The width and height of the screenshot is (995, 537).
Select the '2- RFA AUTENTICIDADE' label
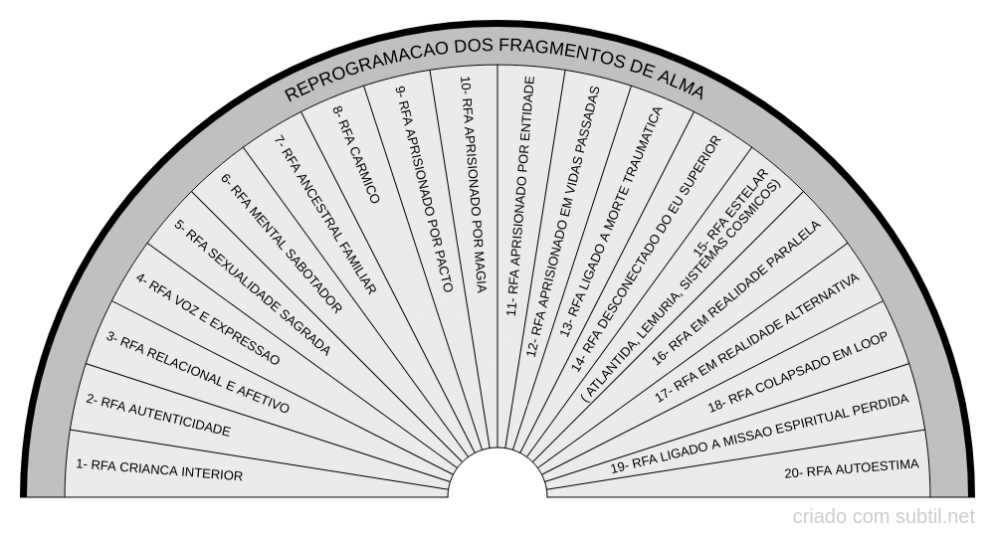coord(158,416)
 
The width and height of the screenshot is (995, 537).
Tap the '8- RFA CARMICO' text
coord(356,154)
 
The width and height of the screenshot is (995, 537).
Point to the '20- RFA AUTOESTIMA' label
coord(852,468)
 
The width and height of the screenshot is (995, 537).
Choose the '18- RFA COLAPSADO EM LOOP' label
coord(798,372)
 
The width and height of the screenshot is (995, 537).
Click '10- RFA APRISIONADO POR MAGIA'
coord(474,185)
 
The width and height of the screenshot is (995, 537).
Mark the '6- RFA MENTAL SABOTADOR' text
coord(282,243)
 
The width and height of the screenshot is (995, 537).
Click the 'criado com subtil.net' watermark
coord(884,517)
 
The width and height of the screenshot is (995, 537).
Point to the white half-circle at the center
coord(497,472)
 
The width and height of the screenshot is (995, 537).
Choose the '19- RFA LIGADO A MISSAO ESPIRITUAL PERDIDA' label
coord(759,434)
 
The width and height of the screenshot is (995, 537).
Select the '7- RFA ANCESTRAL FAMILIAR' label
coord(325,215)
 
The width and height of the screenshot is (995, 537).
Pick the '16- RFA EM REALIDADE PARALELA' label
coord(736,293)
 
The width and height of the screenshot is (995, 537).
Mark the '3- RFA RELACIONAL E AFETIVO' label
coord(197,372)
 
